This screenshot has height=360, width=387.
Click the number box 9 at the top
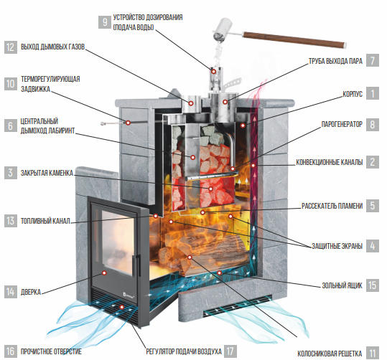tap(105, 22)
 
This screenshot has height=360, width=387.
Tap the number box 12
tap(11, 47)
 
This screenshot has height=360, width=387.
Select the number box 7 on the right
tap(373, 60)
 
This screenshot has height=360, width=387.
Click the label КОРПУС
tap(353, 94)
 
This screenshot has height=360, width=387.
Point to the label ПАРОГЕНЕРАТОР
tap(342, 124)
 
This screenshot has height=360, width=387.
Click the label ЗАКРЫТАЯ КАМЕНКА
tap(47, 173)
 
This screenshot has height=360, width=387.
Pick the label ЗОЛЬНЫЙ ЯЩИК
tap(342, 285)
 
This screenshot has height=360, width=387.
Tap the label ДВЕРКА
tap(31, 292)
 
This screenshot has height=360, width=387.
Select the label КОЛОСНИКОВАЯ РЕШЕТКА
tap(330, 354)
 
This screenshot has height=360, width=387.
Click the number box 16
tap(11, 351)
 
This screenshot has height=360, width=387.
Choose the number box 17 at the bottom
tap(230, 351)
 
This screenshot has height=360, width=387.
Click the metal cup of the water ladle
tap(223, 29)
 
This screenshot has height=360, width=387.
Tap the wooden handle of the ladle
tap(294, 39)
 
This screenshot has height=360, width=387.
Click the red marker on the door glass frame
tap(104, 273)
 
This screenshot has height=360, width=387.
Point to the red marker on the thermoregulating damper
tap(128, 123)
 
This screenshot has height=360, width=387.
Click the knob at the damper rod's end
tap(103, 123)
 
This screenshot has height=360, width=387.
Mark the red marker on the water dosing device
tap(214, 72)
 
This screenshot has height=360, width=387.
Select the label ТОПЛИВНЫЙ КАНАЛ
tap(45, 221)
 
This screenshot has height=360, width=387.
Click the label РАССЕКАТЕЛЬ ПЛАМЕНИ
tap(332, 206)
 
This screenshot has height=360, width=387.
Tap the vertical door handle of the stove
tap(135, 265)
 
